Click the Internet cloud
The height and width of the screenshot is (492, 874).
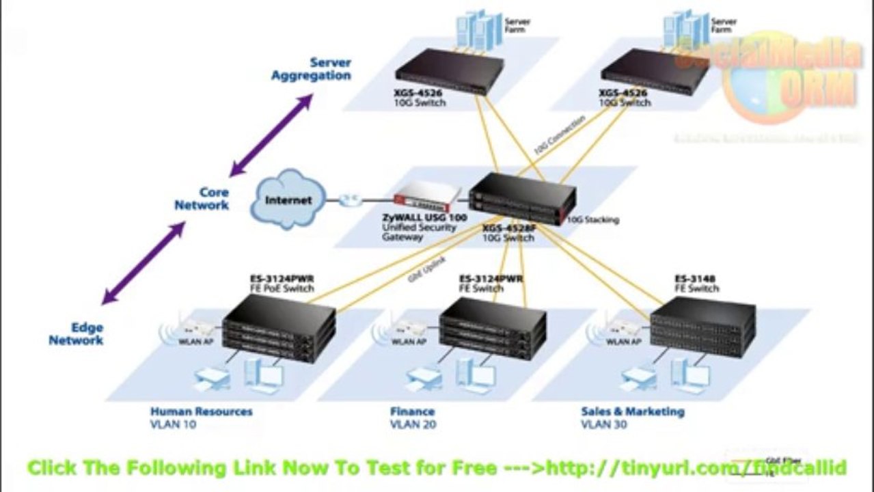288,200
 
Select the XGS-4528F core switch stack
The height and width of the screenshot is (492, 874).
522,199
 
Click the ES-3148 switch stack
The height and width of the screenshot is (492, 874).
702,326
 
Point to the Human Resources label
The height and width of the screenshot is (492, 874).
201,411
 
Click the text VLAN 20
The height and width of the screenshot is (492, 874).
413,424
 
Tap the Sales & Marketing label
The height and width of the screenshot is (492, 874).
632,411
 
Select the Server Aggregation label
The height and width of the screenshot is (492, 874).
312,69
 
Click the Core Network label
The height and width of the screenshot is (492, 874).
202,199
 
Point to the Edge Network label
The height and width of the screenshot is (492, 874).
76,333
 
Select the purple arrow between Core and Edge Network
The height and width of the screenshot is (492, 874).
144,262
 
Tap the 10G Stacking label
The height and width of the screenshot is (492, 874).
593,220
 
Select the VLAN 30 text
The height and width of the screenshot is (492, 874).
604,424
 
